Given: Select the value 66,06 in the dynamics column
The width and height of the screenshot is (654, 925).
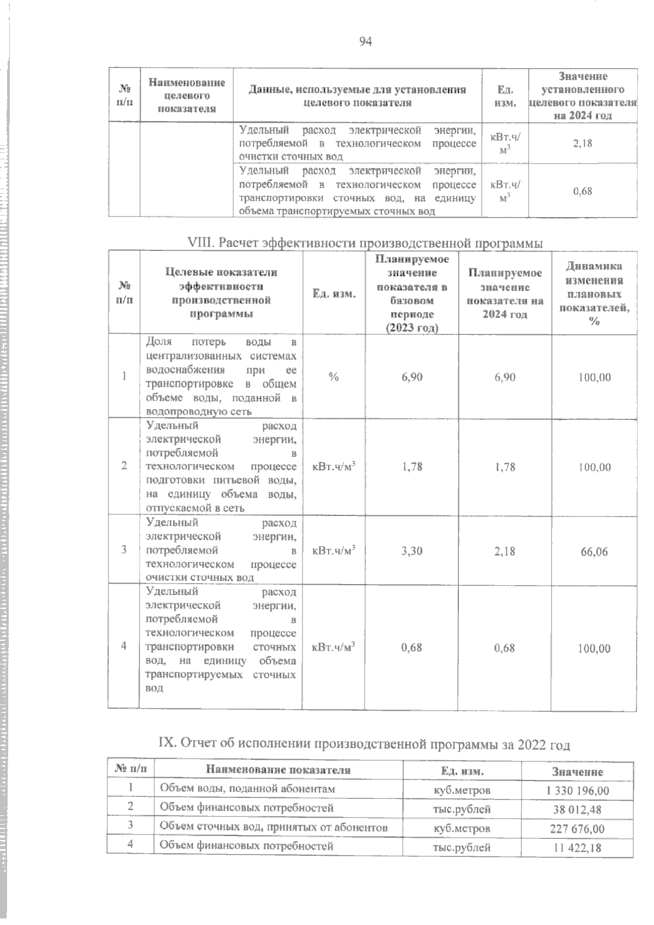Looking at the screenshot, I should (594, 552).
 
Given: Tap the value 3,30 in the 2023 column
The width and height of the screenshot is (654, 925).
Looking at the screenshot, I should (412, 551).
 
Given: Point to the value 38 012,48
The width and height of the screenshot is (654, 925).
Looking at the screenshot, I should (577, 810).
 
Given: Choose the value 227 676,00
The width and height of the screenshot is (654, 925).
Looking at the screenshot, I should (577, 829).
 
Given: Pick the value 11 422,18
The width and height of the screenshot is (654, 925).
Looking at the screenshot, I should (577, 848).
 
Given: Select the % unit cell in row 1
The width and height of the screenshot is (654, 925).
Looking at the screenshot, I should (334, 377).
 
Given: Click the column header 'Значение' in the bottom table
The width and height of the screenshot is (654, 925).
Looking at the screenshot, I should (577, 772).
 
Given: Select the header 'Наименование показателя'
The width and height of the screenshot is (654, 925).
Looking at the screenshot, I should (278, 771).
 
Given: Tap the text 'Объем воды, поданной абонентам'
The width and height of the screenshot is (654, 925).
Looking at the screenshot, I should (247, 789).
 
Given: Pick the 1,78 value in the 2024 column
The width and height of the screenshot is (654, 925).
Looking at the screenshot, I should (505, 467).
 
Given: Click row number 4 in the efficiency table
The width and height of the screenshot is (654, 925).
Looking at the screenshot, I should (124, 646).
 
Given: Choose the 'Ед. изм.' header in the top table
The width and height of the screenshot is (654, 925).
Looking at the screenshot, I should (505, 95).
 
